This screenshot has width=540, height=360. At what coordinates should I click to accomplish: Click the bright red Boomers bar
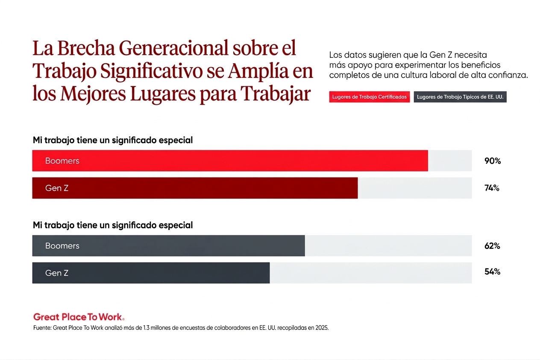pyautogui.click(x=230, y=161)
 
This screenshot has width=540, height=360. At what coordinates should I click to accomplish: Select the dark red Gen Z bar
pyautogui.click(x=195, y=188)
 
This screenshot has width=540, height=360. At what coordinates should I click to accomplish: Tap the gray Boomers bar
pyautogui.click(x=168, y=246)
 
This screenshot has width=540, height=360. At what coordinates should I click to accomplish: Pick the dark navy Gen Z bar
pyautogui.click(x=151, y=273)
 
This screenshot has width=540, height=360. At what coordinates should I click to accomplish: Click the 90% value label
pyautogui.click(x=493, y=161)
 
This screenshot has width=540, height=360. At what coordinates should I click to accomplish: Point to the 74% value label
pyautogui.click(x=492, y=188)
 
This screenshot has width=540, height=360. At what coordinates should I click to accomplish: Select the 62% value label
pyautogui.click(x=492, y=246)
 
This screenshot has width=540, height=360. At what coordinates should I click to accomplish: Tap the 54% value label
pyautogui.click(x=492, y=271)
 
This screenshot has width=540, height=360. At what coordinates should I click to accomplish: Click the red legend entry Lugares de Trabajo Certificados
pyautogui.click(x=369, y=97)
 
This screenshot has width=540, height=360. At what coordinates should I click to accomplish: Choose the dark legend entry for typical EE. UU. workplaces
pyautogui.click(x=460, y=97)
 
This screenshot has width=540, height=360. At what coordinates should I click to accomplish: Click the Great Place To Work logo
pyautogui.click(x=79, y=317)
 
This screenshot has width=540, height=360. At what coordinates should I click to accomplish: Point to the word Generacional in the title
pyautogui.click(x=173, y=48)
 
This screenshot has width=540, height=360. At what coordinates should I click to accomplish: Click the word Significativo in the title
pyautogui.click(x=151, y=71)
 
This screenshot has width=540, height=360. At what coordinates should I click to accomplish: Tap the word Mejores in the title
pyautogui.click(x=93, y=94)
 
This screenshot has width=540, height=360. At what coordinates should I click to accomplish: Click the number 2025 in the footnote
pyautogui.click(x=322, y=328)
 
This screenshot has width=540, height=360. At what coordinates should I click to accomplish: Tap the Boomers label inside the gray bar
pyautogui.click(x=62, y=246)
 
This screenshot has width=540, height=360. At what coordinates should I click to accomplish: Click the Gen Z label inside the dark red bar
pyautogui.click(x=57, y=188)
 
